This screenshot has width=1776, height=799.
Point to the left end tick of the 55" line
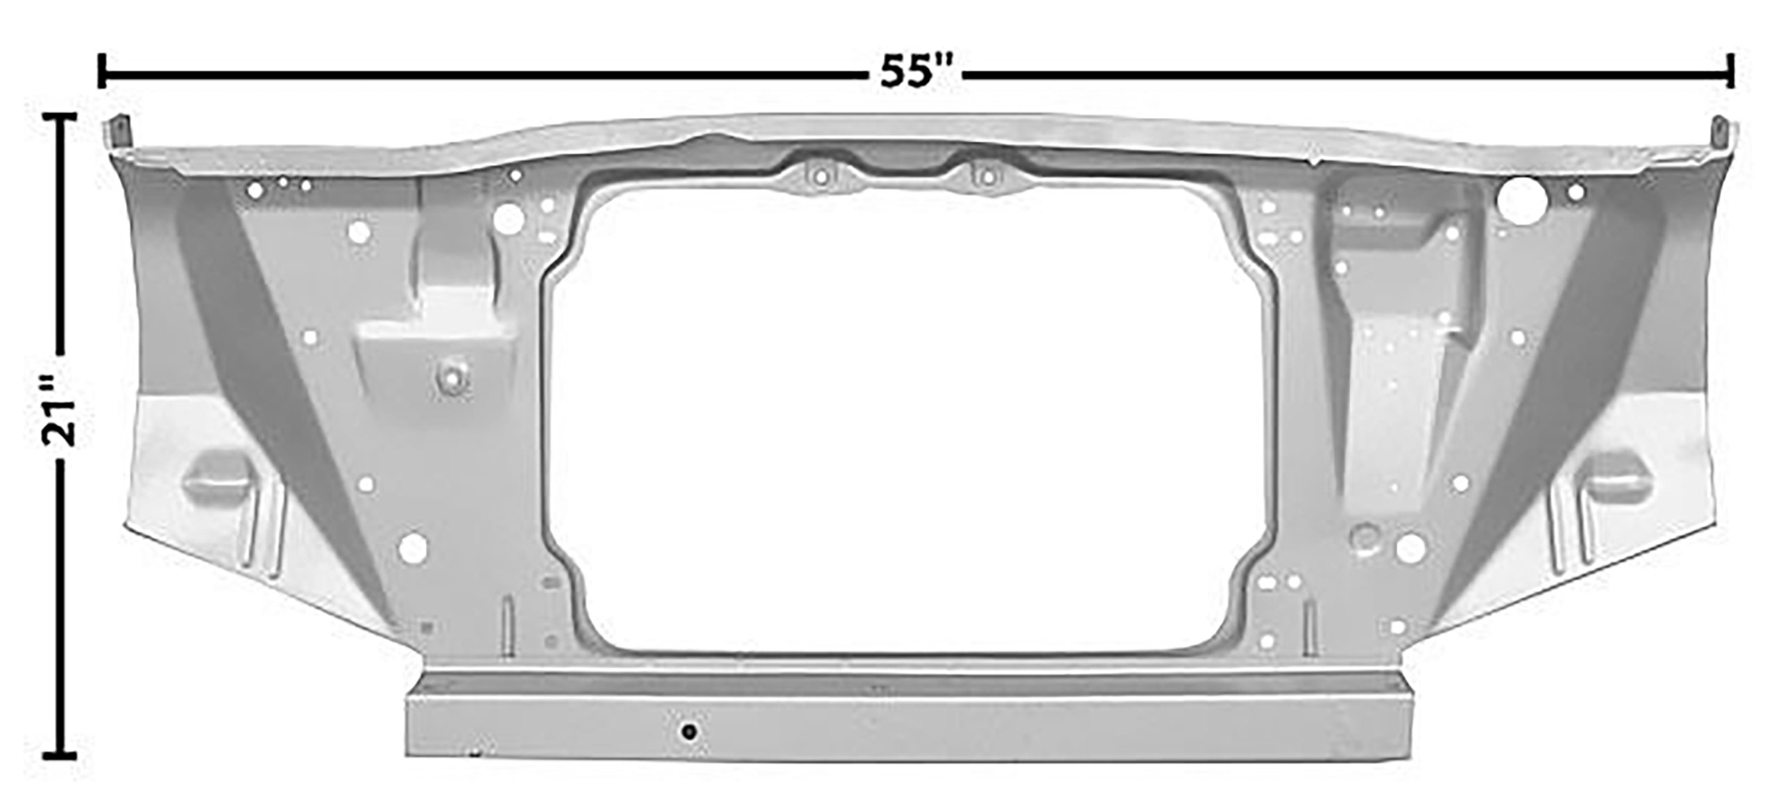(103, 72)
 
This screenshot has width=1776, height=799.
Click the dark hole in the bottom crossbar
(688, 732)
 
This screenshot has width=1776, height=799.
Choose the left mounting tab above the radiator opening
(819, 178)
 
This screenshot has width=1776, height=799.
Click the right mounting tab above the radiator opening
(984, 178)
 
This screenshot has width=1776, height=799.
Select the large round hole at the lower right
(1410, 549)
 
